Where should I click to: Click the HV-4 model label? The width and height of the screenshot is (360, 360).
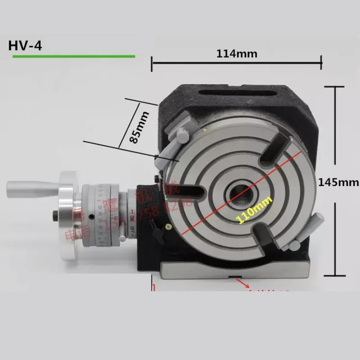point(25,46)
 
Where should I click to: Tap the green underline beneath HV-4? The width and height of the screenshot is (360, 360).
point(74,56)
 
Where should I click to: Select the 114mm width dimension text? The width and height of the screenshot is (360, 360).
point(237,54)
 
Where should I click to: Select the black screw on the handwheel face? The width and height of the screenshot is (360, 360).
point(55,215)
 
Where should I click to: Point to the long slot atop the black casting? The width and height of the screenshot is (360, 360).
point(241,93)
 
